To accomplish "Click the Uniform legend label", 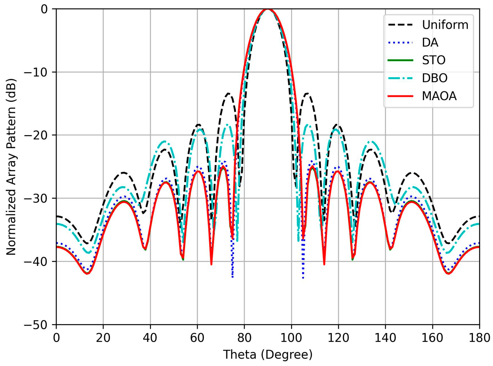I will coord(445,25).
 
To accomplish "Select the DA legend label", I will coord(430,42).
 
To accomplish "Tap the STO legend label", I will coord(433,60).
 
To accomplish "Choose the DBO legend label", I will coord(434,78).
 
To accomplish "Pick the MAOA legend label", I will coord(439,96).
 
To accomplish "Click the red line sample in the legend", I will coord(400,96).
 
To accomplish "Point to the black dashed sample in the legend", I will coord(400,25).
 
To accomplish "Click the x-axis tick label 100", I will coord(291,338).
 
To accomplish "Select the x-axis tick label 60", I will coord(197,338).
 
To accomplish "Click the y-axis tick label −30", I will coord(36,198).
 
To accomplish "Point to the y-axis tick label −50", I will coord(36,325).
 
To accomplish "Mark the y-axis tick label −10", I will coord(36,72).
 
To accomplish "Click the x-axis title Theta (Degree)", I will coord(268,355).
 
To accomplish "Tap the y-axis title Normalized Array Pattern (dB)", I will coord(11,167).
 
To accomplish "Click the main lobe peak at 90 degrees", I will coord(268,9).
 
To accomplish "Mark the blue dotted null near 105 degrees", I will coord(303,278).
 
